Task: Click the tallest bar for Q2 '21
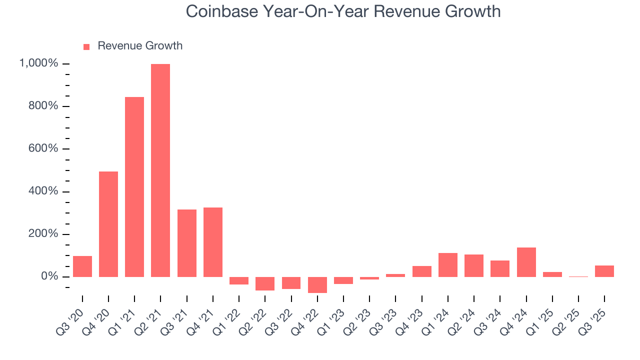[160, 170]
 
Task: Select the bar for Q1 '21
[134, 186]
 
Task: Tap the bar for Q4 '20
[108, 224]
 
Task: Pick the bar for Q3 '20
[82, 266]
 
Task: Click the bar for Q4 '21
[213, 242]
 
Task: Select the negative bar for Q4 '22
[317, 285]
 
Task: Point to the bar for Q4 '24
[526, 262]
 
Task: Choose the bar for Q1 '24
[447, 265]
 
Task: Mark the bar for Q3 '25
[604, 271]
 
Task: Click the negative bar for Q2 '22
[265, 283]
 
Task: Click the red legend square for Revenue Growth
[86, 46]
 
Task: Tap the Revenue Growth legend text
[140, 46]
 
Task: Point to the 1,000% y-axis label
[38, 63]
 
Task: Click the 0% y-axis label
[50, 276]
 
